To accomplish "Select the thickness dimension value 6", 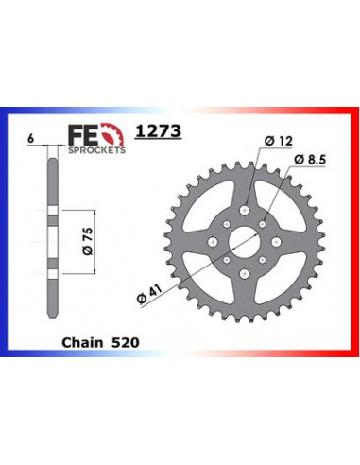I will click(32, 138).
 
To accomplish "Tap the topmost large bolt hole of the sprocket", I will click(248, 200).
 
